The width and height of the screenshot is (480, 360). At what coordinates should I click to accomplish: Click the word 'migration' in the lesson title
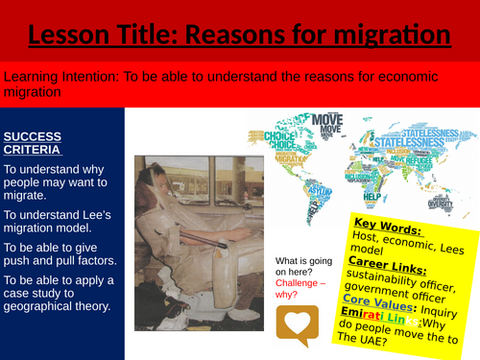[394, 36]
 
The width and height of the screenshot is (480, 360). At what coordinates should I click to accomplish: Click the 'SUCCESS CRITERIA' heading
[35, 142]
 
